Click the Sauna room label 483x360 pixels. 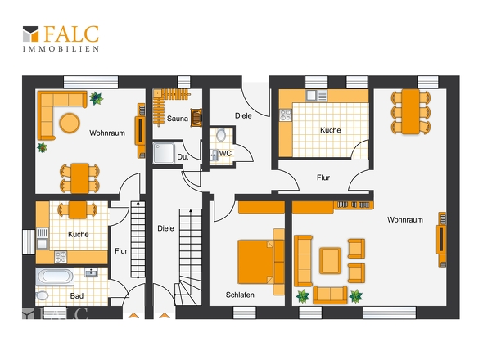178,119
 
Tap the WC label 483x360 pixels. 225,153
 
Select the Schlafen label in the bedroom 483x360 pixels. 240,295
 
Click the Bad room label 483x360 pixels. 77,296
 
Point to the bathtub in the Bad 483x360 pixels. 55,277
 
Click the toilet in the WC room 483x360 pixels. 221,135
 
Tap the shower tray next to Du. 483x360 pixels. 165,153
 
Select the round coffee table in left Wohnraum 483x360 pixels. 70,124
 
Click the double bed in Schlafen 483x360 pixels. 261,262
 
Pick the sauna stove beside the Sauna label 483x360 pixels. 196,118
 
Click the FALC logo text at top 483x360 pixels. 71,34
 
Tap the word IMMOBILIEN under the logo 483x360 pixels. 61,49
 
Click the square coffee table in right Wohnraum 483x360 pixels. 330,260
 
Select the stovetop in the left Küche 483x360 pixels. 61,257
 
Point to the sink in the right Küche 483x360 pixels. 311,96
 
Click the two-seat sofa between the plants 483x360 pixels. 330,295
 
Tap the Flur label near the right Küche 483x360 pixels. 323,178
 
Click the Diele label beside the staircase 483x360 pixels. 165,228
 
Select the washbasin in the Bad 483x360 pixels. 91,272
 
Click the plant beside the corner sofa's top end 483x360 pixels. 96,98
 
